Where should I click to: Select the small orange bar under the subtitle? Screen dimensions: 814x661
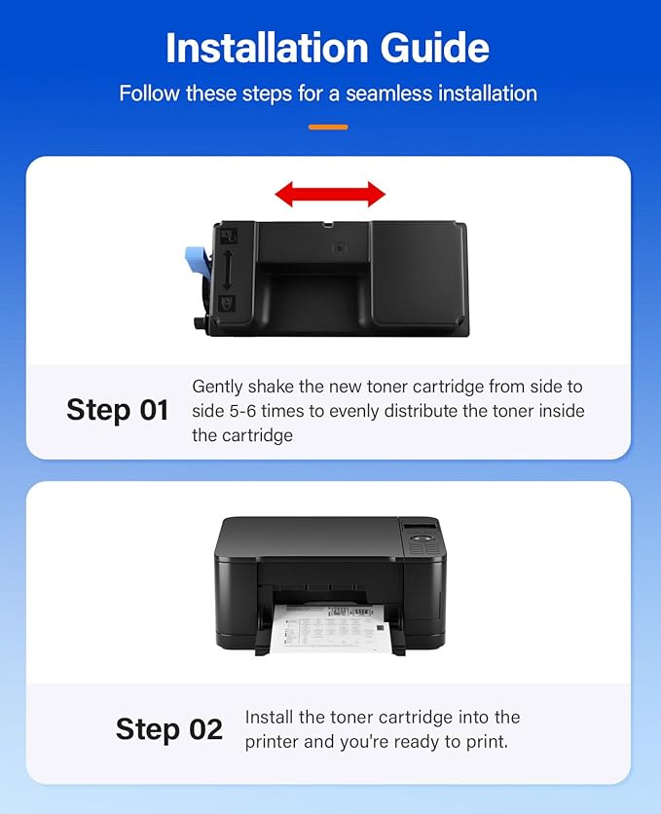coord(328,127)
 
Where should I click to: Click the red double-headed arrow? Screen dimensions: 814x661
coord(330,195)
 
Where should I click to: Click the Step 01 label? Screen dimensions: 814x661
coord(118,410)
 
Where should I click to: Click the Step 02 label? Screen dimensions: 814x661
coord(169,728)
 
